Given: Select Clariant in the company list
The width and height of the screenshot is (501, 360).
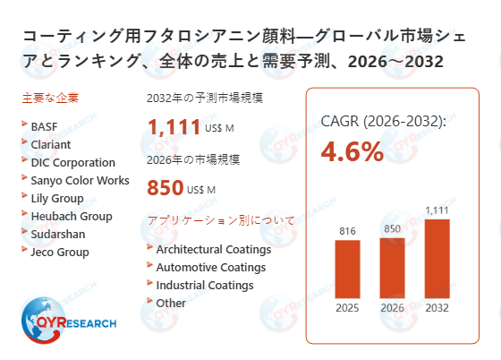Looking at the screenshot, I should coord(51,144).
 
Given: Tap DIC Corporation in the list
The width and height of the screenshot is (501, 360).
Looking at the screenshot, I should coord(72,162).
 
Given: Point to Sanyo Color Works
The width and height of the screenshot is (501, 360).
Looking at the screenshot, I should coord(80,180).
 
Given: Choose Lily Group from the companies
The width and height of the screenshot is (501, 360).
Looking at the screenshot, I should coord(57,198).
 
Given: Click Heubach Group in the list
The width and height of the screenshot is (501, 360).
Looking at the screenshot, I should coord(71,216).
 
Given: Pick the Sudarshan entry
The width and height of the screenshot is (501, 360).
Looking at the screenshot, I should coord(58,234).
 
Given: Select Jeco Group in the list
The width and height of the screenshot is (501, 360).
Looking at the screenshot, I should coord(60,252).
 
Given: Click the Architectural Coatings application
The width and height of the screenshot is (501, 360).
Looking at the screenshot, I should coord(213,249).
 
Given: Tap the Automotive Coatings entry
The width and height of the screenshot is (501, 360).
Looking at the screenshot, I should coord(210,267).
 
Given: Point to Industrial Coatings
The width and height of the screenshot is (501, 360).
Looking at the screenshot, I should coord(204,285).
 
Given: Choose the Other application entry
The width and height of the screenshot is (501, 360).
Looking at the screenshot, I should coord(171,303).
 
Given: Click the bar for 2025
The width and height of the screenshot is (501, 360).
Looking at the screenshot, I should coord(347,269).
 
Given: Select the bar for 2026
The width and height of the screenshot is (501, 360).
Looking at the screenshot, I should coord(392,267).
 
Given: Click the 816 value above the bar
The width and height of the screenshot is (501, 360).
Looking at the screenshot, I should coord(347,231).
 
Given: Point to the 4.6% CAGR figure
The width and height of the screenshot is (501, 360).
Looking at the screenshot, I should coord(352,151).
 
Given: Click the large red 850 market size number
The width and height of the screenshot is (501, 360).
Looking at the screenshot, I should coord(165,189).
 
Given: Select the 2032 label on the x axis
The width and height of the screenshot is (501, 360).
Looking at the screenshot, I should coord(437,309).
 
